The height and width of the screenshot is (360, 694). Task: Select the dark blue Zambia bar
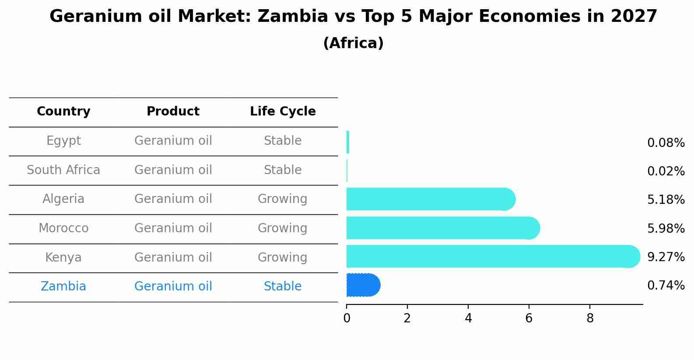[363, 285]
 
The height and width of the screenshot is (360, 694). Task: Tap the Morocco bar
[442, 228]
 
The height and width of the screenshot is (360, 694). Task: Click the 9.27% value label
[666, 257]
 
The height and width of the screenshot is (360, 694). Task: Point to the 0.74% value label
[666, 286]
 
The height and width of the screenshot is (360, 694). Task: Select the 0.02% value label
[666, 171]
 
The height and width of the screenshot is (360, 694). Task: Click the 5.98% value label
[666, 228]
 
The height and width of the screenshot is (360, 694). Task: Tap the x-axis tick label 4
[468, 318]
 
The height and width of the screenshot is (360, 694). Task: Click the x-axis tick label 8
[590, 318]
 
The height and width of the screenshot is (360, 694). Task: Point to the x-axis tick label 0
[347, 318]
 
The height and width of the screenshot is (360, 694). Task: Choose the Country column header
[63, 112]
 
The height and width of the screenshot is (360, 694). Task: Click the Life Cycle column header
[283, 112]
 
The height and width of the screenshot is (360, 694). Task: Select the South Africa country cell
[63, 170]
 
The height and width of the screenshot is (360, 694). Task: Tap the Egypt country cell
[63, 141]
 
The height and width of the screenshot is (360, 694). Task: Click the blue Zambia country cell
[63, 287]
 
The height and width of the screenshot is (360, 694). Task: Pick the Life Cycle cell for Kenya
[283, 257]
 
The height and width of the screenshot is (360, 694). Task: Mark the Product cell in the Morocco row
[173, 228]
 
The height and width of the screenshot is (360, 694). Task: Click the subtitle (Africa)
[353, 43]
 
